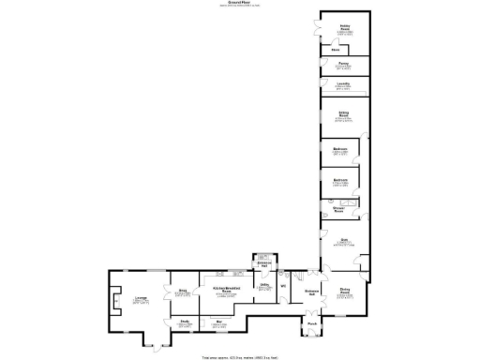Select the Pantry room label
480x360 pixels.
(343, 64)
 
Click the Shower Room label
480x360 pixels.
(338, 209)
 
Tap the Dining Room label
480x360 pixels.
(344, 292)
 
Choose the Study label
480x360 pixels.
(185, 323)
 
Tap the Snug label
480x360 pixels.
(184, 292)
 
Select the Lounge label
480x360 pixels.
(140, 298)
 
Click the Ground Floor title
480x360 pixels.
(240, 3)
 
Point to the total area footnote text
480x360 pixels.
(240, 356)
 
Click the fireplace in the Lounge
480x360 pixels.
(113, 302)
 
